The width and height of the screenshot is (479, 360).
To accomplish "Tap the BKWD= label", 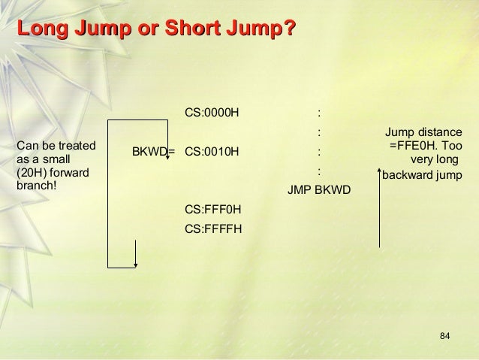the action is point(153,151).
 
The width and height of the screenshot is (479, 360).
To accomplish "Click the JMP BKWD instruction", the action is point(319,188).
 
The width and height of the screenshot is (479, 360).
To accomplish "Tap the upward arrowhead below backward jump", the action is point(380,192).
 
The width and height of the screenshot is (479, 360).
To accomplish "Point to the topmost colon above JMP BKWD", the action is point(320,114).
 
